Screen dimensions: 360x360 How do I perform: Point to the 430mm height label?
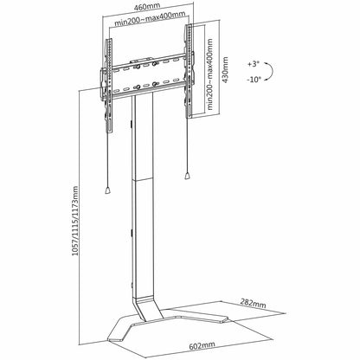[x=225, y=69]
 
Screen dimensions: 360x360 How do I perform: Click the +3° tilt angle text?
[x=253, y=64]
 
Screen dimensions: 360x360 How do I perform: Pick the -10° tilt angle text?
[x=254, y=80]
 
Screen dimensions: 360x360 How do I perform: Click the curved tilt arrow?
[x=272, y=71]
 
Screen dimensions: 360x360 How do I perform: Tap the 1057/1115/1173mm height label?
[x=74, y=221]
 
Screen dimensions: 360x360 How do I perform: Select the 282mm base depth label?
[x=253, y=303]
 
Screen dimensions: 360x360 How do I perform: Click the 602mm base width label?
[x=202, y=345]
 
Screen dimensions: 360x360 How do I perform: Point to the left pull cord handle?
[x=107, y=190]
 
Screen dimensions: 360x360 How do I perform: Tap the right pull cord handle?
[x=188, y=176]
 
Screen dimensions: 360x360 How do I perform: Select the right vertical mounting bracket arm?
[x=189, y=71]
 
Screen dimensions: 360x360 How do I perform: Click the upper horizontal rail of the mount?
[x=148, y=61]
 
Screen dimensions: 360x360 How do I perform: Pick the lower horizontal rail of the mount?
[x=148, y=90]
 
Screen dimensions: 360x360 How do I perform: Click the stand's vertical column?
[x=143, y=196]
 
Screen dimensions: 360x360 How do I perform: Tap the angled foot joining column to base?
[x=148, y=307]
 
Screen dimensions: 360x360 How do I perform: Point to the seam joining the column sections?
[x=143, y=180]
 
